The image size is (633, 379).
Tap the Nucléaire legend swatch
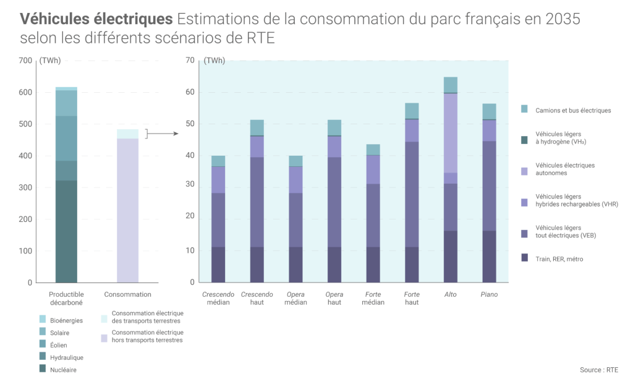pyautogui.click(x=43, y=369)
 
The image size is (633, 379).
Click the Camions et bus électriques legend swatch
pyautogui.click(x=525, y=109)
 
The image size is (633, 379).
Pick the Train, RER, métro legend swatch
pyautogui.click(x=525, y=258)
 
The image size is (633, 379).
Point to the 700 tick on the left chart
pyautogui.click(x=25, y=61)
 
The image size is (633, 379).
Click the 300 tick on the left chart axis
pyautogui.click(x=25, y=187)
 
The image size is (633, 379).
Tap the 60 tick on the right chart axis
pyautogui.click(x=190, y=92)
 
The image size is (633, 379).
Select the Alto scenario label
pyautogui.click(x=451, y=294)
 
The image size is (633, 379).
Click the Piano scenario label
pyautogui.click(x=489, y=294)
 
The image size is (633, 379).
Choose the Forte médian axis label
pyautogui.click(x=373, y=298)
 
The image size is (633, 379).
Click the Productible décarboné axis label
pyautogui.click(x=66, y=298)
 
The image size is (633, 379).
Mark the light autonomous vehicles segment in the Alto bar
pyautogui.click(x=451, y=133)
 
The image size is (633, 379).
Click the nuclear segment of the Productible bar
pyautogui.click(x=66, y=231)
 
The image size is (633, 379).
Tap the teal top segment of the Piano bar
pyautogui.click(x=489, y=111)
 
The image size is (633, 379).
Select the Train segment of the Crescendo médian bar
pyautogui.click(x=218, y=265)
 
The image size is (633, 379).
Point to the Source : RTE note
pyautogui.click(x=598, y=370)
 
